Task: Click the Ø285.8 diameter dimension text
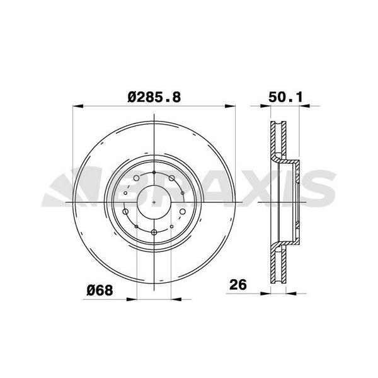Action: point(154,98)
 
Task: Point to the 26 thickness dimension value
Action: point(238,285)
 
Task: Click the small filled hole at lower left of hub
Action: point(136,226)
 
